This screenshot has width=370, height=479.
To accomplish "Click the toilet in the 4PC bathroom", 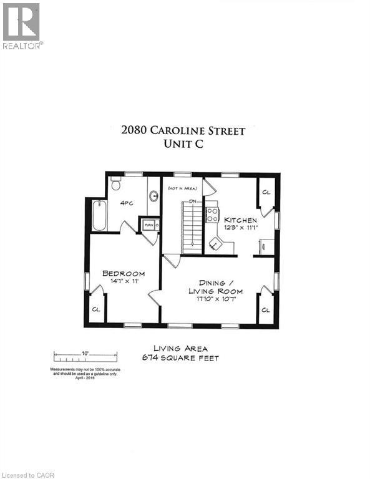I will (x=115, y=184).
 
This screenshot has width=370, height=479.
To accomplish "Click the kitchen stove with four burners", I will (x=212, y=215).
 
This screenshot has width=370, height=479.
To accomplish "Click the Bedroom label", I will (x=124, y=273).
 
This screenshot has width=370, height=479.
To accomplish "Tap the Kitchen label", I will (x=240, y=220).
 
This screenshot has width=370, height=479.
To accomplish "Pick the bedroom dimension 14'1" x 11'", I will (x=124, y=282).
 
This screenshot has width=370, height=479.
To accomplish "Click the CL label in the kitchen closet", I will (x=265, y=192).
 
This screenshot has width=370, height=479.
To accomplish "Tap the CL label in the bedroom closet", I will (x=96, y=309).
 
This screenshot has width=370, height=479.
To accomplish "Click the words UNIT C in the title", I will (x=183, y=144).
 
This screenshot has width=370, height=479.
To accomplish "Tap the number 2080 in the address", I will (x=135, y=131).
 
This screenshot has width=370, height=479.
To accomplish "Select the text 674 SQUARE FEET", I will (x=181, y=358).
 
